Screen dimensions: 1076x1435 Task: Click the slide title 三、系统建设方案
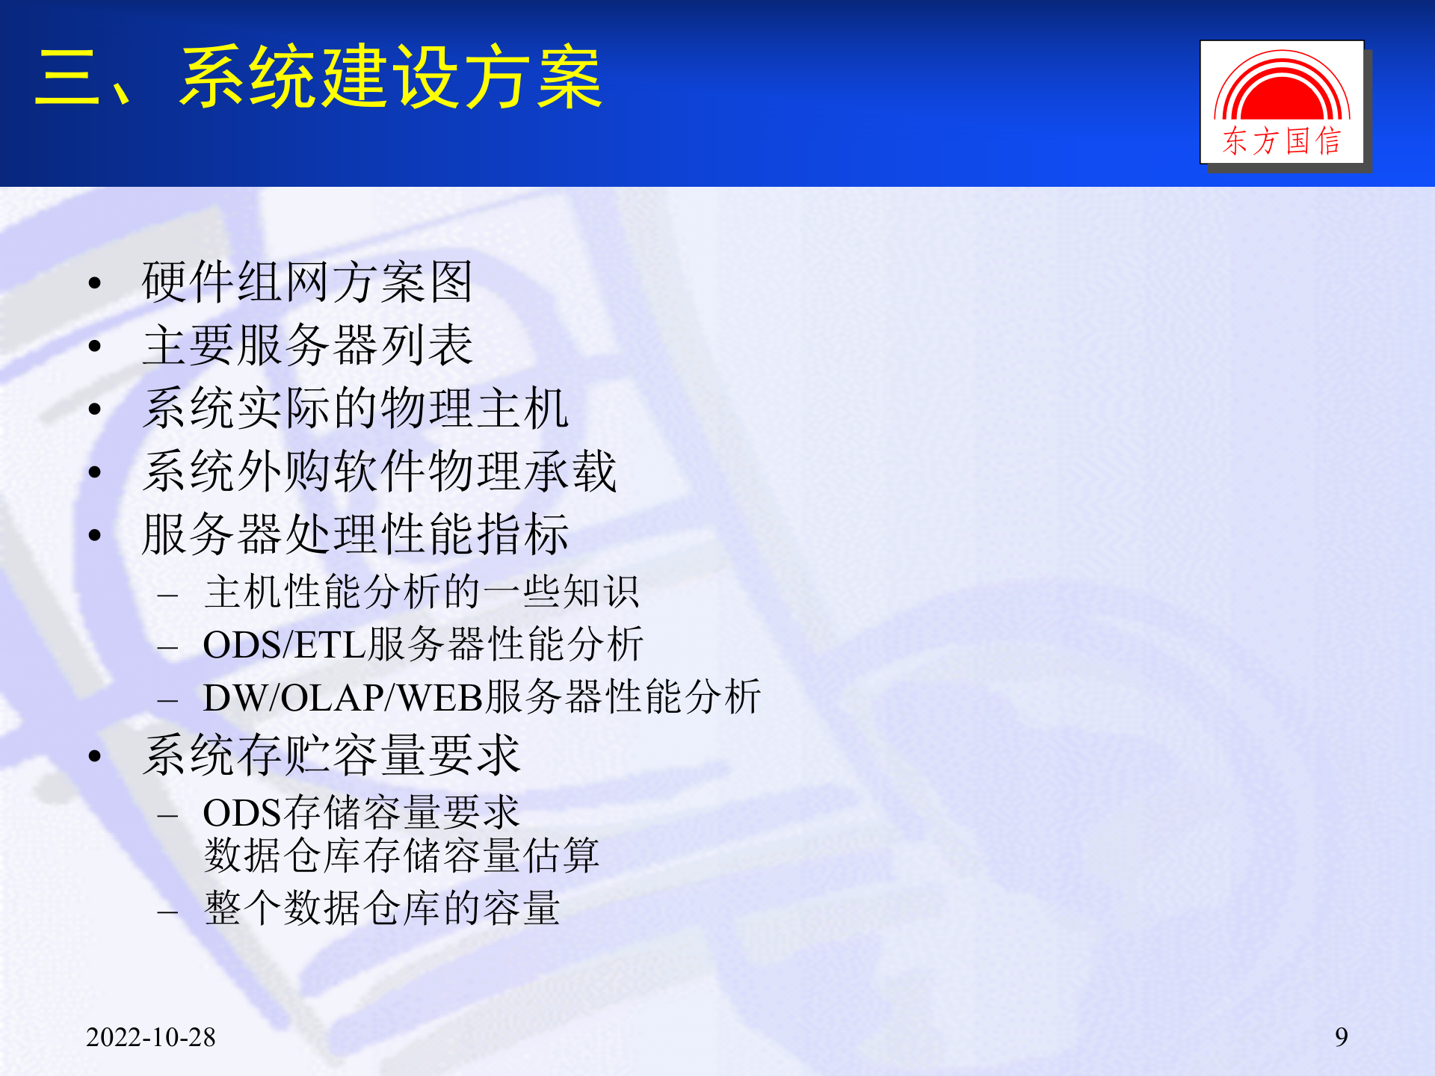[318, 78]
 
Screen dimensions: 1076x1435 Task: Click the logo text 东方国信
[1282, 141]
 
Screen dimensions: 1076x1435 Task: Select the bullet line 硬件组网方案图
[307, 282]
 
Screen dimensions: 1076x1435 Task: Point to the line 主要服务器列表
[307, 345]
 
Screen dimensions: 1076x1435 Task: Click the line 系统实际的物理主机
[356, 409]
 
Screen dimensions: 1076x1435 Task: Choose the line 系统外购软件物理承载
[380, 471]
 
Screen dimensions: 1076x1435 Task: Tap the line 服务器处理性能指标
[356, 534]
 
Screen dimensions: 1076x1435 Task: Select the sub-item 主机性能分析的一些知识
[422, 592]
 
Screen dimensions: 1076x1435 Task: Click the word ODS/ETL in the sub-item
[285, 645]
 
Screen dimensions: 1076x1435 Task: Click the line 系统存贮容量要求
[332, 755]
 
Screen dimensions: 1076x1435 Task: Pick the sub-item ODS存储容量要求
[361, 812]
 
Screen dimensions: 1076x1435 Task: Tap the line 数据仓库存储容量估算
[401, 856]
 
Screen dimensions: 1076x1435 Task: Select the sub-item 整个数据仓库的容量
[382, 909]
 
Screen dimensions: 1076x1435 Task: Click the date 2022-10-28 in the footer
[151, 1037]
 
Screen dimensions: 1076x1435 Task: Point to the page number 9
[1342, 1037]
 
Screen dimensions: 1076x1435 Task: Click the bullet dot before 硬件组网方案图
[94, 283]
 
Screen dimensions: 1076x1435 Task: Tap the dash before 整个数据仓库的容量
[168, 912]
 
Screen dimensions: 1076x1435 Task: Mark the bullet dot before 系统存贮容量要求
[94, 756]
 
